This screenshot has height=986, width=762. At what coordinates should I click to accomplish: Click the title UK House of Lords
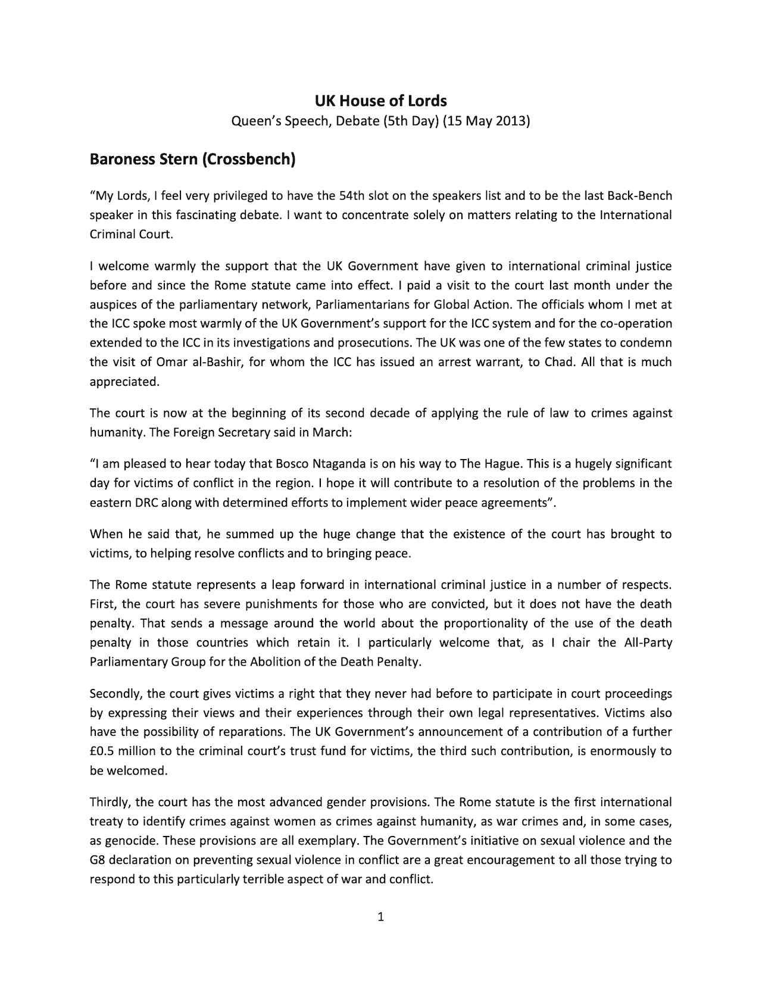[x=380, y=101]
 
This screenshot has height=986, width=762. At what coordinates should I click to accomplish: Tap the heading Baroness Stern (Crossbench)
[x=192, y=160]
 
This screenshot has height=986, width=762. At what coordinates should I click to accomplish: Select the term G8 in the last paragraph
[x=97, y=860]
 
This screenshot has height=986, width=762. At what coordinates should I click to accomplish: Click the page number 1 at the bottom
[x=381, y=917]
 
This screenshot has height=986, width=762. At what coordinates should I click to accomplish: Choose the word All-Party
[x=648, y=642]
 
